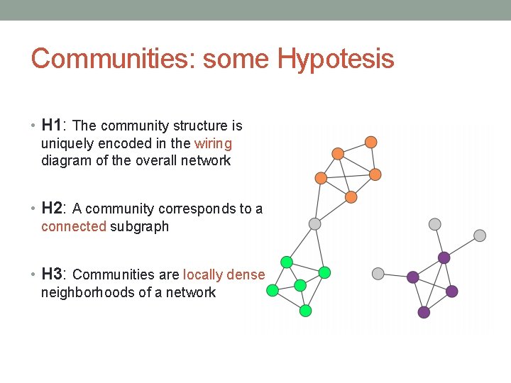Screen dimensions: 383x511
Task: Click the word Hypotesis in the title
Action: coord(336,59)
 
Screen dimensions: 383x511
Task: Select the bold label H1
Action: coord(52,126)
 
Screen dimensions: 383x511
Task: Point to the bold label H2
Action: coord(52,209)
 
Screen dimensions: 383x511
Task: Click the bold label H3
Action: coord(52,274)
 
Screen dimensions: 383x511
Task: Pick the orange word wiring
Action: coord(213,143)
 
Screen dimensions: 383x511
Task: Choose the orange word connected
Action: coord(74,227)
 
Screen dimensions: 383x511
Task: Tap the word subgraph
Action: coord(139,227)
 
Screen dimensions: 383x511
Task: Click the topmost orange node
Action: coord(370,142)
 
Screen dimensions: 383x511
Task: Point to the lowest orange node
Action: coord(351,196)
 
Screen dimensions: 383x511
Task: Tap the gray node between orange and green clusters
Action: coord(315,224)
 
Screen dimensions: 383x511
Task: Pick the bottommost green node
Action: coord(306,311)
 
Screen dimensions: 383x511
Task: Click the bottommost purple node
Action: coord(424,312)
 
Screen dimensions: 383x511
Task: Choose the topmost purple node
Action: coord(444,257)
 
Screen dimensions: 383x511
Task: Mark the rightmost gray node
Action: coord(480,235)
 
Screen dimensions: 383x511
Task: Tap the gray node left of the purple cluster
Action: coord(378,273)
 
